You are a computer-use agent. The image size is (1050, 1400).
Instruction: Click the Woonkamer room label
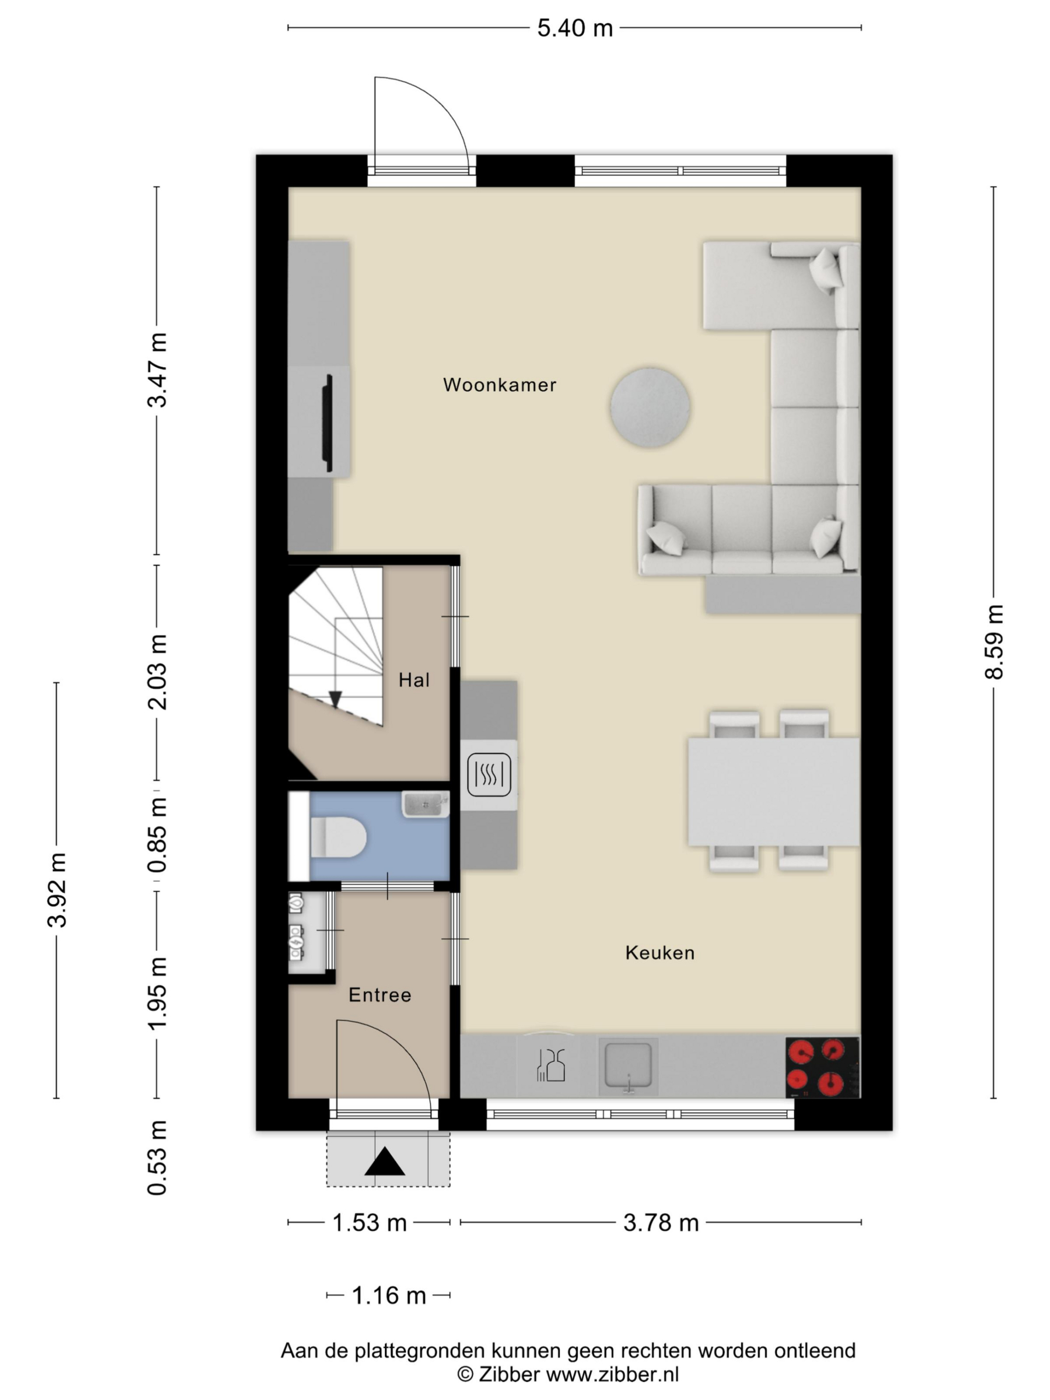coord(499,385)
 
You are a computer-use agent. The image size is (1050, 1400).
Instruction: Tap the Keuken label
coord(660,953)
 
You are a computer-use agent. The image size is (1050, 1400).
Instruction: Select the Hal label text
coord(414,680)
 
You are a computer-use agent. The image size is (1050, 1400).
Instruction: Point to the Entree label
coord(380,995)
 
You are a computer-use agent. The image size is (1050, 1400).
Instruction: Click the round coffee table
coord(650,407)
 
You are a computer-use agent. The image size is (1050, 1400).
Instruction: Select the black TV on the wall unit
coord(327,423)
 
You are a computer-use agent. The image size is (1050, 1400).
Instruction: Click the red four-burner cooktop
coord(822,1067)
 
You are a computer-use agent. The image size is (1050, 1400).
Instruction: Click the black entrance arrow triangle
coord(385,1162)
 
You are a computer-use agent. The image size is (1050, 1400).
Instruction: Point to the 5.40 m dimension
coord(575,28)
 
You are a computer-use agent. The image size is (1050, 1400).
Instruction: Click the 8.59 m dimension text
coord(994,642)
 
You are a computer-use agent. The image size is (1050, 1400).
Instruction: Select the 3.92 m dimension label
coord(57,890)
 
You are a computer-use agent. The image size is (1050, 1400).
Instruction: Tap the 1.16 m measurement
coord(389,1295)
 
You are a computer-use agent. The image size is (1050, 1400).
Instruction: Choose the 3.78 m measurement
coord(661,1222)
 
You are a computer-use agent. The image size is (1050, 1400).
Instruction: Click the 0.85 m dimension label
coord(157,834)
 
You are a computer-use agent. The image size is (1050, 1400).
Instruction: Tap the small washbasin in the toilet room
coord(425,804)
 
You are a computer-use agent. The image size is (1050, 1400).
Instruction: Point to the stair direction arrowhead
coord(335,699)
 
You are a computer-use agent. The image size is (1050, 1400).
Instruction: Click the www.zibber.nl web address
coord(612,1375)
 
